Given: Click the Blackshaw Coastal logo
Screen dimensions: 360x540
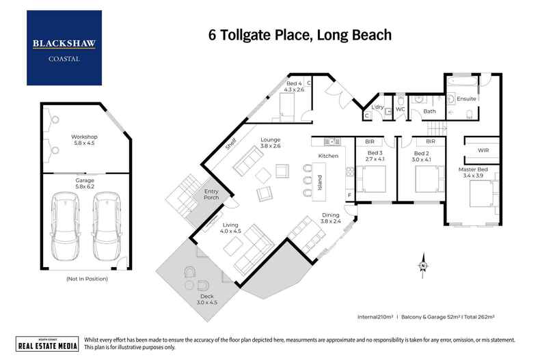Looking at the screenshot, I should [64, 48].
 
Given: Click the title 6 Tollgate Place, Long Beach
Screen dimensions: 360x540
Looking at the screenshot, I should [299, 34].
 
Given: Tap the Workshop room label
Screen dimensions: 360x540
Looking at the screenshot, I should [85, 140].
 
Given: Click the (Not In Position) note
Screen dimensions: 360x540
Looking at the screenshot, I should [86, 279].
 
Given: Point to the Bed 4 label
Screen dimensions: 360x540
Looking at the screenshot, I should [293, 87].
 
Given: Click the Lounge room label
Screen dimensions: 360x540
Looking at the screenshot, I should [271, 142].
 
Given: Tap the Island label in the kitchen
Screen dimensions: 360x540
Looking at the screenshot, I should [319, 182].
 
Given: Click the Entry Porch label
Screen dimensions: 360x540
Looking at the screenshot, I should [212, 196].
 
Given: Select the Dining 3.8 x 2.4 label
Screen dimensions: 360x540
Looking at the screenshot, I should [332, 218].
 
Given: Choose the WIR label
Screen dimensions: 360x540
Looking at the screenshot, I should [483, 150].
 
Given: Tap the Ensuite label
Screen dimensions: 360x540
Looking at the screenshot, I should [467, 99].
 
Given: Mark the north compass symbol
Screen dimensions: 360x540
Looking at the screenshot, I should [423, 265].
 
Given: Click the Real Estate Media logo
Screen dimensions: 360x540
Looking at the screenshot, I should [46, 344].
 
